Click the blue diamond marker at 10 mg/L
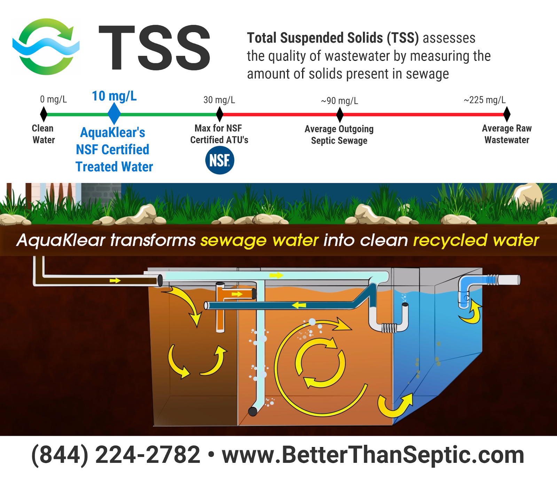tap(114, 113)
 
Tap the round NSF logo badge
tap(220, 160)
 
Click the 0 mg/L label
tap(53, 100)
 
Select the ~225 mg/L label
tap(485, 100)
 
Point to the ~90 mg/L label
tap(339, 101)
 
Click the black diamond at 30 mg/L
tap(220, 114)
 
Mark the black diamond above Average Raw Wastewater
tap(507, 114)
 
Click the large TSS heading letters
tap(155, 48)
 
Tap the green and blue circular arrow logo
tap(46, 47)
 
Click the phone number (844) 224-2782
tap(116, 455)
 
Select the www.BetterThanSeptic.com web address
tap(373, 455)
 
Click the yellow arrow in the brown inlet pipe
tap(115, 281)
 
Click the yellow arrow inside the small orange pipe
tap(237, 294)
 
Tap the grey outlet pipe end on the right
tap(509, 280)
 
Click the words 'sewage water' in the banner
tap(259, 240)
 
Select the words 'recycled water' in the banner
tap(476, 240)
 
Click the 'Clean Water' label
tap(44, 134)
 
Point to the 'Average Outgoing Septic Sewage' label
tap(339, 135)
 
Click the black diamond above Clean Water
tap(44, 114)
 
